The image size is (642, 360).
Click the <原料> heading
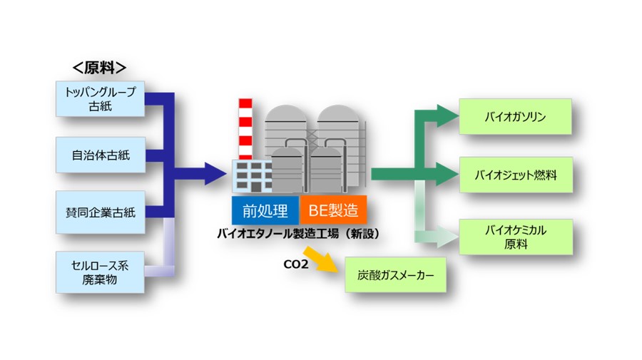point(100,68)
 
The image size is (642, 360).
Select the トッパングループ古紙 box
point(100,99)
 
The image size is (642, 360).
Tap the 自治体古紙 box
point(100,155)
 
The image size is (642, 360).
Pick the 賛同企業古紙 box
point(100,212)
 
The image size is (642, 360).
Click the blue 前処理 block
point(265,210)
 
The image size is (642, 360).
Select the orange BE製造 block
point(333,210)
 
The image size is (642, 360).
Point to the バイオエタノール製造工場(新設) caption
point(298,233)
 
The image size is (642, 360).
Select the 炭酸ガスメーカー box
point(395,274)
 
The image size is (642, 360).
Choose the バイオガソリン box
point(515,117)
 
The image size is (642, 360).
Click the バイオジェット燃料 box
point(515,174)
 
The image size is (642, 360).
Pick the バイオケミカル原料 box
point(515,237)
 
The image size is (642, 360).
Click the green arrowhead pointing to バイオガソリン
point(448,115)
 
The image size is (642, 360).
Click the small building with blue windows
point(253,175)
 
